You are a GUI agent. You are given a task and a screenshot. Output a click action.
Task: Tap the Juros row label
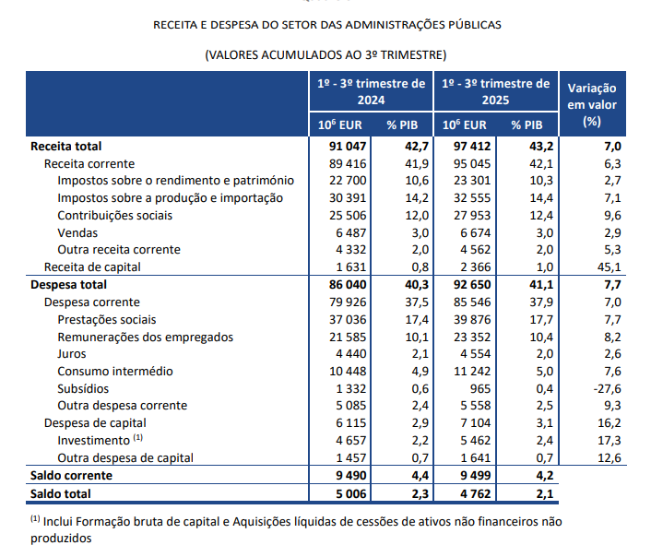click(72, 353)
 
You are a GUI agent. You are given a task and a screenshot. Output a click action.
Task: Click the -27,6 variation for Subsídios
click(607, 388)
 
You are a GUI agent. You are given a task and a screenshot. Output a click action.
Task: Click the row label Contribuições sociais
click(114, 215)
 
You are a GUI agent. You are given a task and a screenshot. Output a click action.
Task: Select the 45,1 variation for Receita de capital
click(611, 267)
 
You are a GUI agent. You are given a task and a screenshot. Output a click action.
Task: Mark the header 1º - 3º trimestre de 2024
click(372, 91)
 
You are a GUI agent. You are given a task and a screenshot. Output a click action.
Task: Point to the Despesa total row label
click(69, 285)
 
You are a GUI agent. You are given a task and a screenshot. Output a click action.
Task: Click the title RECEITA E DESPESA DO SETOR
click(326, 25)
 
